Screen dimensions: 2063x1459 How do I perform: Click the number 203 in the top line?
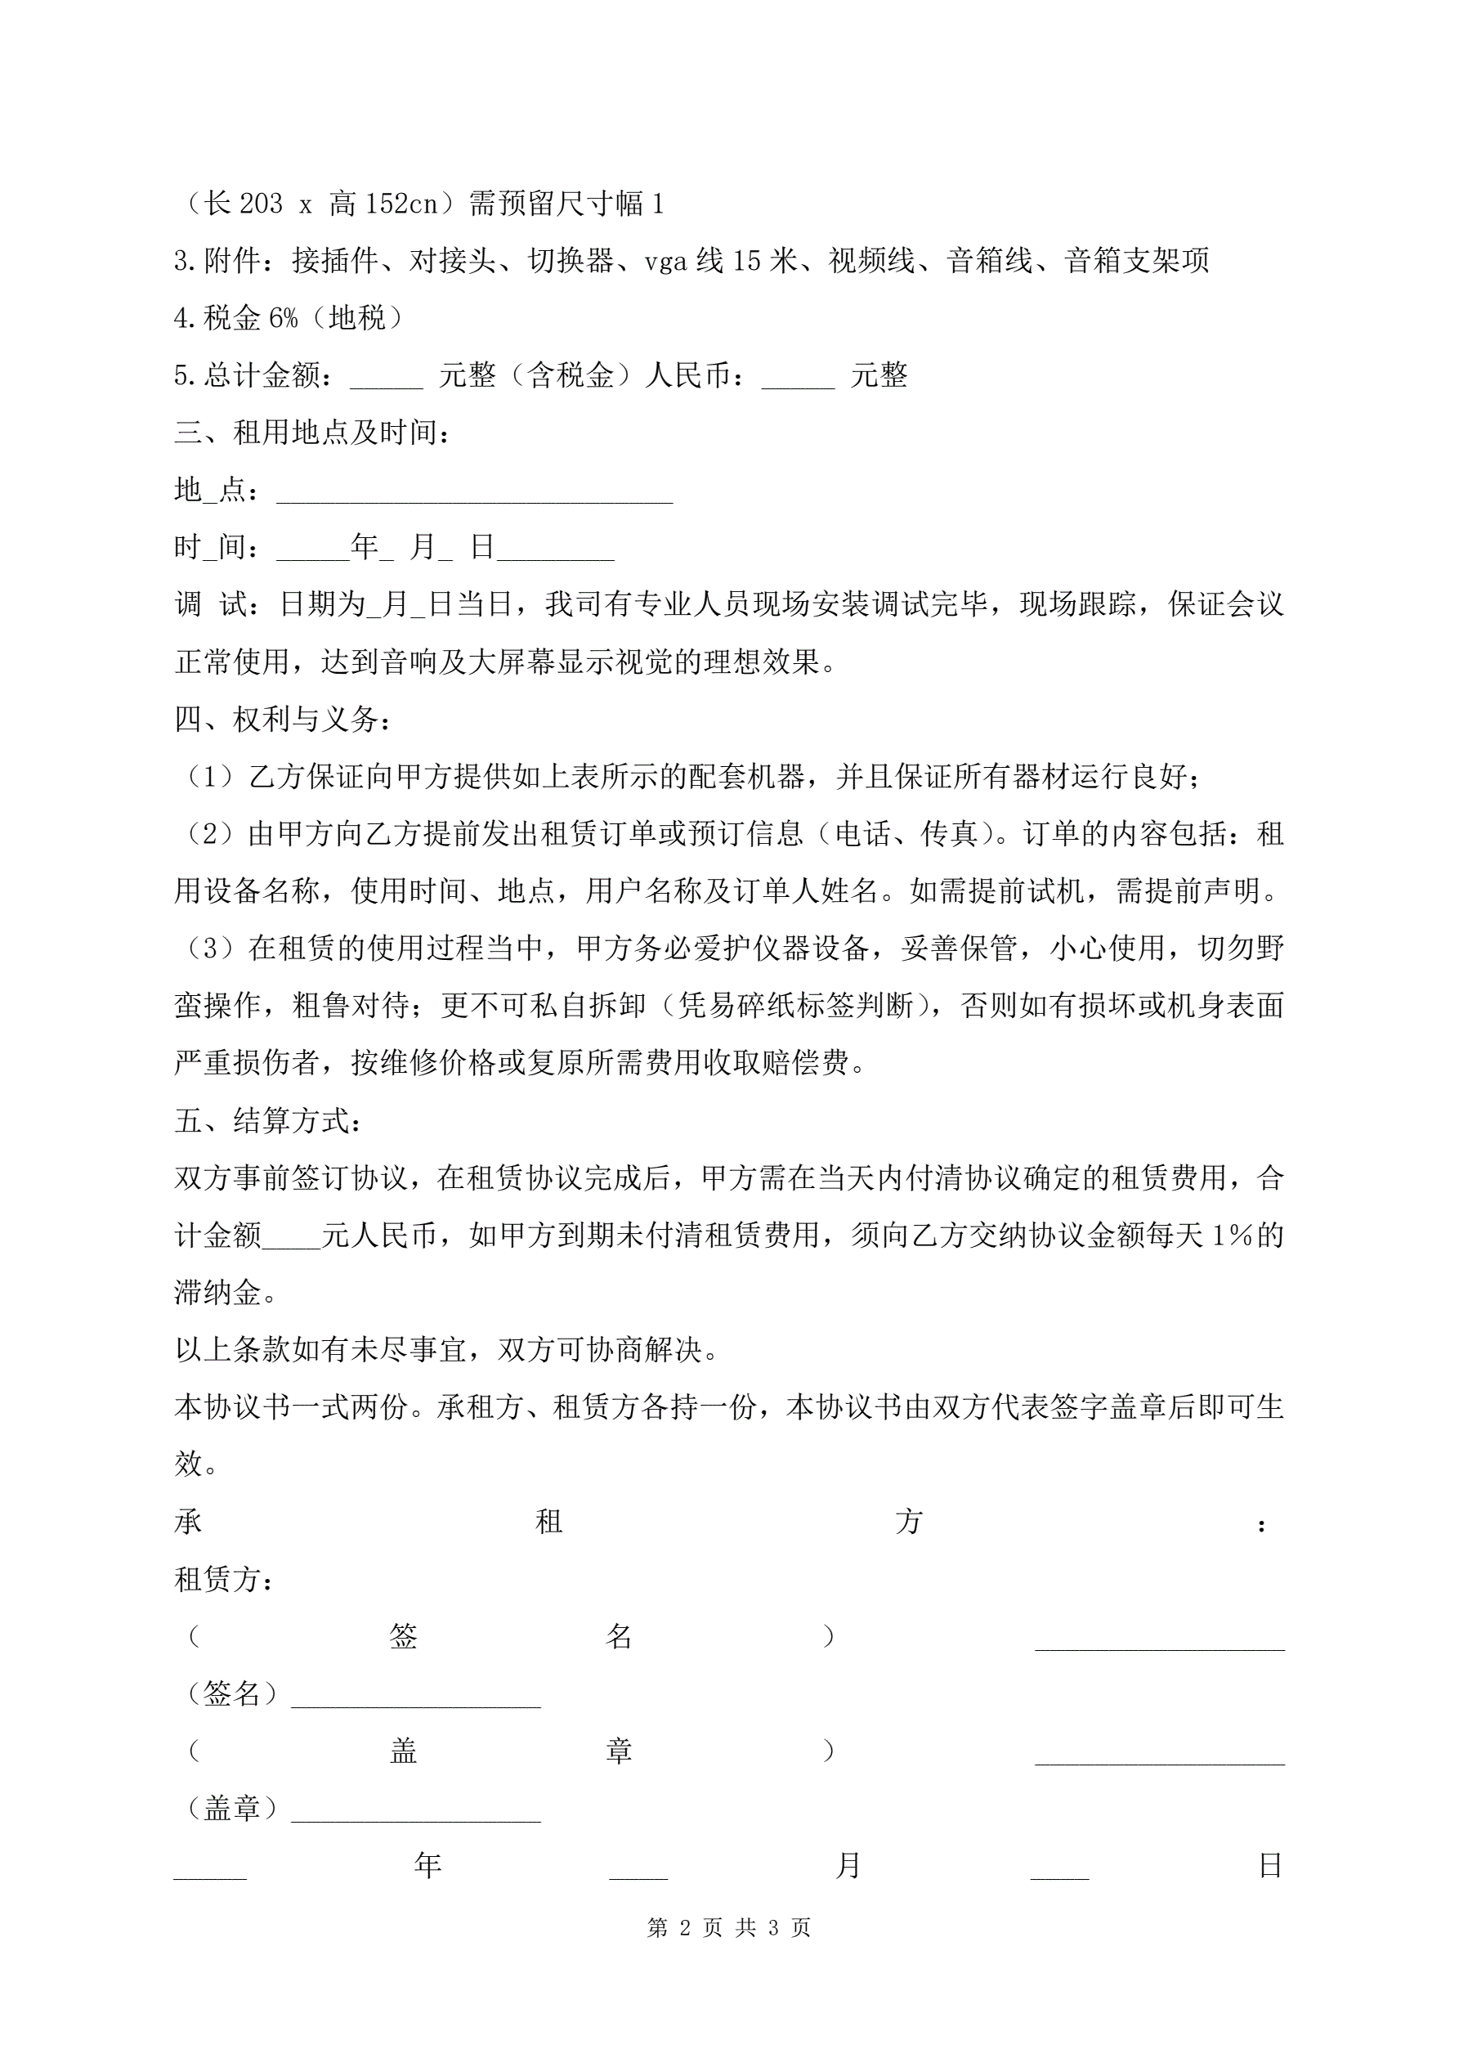pos(261,204)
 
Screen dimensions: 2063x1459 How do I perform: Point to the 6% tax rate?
pos(283,318)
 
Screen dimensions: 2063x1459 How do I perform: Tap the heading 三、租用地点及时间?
pos(311,433)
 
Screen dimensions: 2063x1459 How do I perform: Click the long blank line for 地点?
pos(474,496)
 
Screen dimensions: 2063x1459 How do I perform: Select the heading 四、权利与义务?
pos(282,720)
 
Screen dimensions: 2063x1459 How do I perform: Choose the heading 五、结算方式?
pos(268,1120)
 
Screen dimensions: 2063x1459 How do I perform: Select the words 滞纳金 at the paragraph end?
pos(217,1293)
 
